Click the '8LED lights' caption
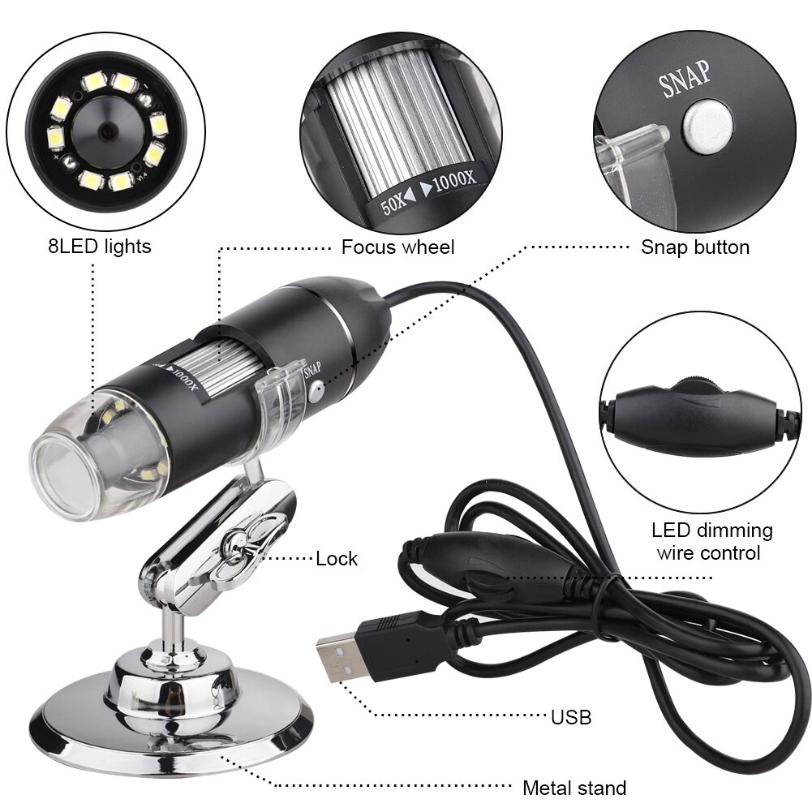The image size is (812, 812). [99, 246]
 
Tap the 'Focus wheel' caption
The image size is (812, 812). [397, 247]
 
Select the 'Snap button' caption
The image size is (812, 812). [695, 247]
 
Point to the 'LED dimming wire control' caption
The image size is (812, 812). [711, 542]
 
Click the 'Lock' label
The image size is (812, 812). [337, 558]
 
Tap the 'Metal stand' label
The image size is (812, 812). [574, 788]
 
